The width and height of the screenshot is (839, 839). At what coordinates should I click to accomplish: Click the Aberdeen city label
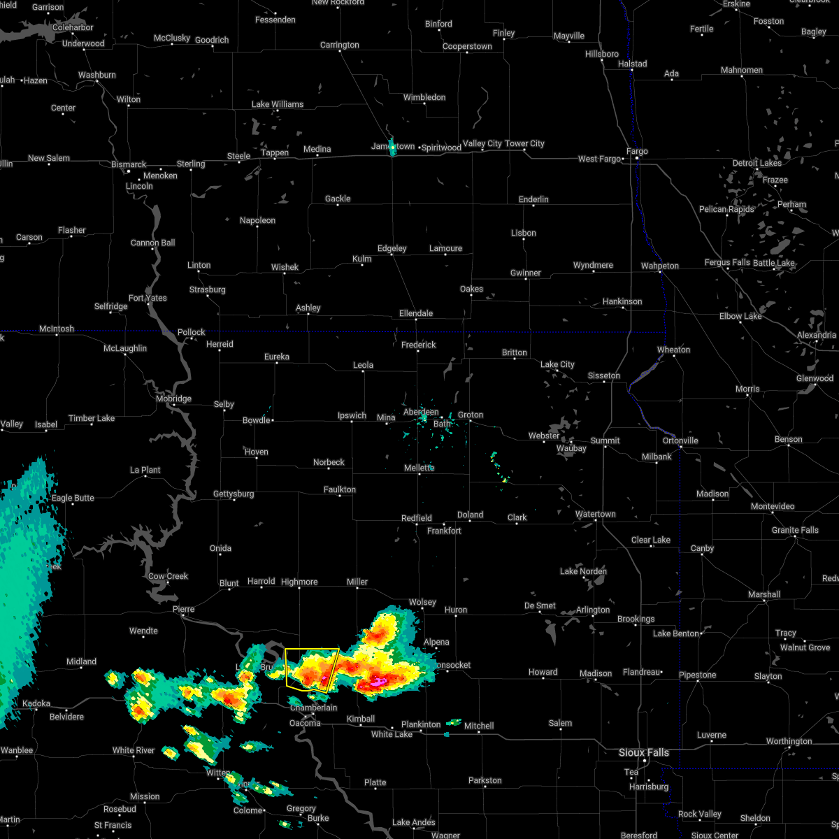[421, 413]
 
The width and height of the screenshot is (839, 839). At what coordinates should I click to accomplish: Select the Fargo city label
[637, 151]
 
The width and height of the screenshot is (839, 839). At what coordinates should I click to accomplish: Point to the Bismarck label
[129, 165]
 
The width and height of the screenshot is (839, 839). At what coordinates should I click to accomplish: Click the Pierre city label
[183, 610]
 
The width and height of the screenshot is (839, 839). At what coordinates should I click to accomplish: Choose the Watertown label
[595, 515]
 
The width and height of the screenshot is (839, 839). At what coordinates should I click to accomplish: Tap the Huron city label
[456, 610]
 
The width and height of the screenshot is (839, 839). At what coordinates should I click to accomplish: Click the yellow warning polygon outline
[286, 668]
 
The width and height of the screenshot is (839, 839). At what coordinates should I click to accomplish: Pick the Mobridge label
[173, 399]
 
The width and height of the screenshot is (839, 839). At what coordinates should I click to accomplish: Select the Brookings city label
[636, 619]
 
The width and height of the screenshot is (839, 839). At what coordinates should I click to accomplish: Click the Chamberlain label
[313, 708]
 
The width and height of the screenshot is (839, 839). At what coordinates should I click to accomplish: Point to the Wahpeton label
[659, 266]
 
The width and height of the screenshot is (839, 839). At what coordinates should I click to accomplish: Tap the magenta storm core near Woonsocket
[378, 680]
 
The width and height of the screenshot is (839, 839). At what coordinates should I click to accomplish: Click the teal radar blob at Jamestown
[392, 147]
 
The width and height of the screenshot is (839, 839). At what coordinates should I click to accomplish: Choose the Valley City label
[482, 144]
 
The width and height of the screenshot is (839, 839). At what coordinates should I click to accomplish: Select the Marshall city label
[763, 595]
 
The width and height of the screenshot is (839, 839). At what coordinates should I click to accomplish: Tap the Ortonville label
[680, 440]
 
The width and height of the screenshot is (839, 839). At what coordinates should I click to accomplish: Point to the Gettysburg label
[234, 494]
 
